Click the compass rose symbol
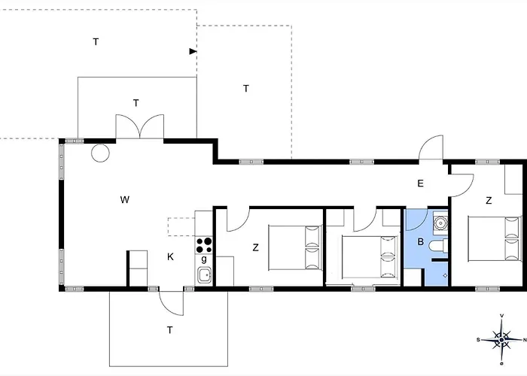[501, 340]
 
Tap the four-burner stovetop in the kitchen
[204, 245]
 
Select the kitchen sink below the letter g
[204, 275]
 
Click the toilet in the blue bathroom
[439, 245]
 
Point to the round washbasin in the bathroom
[440, 223]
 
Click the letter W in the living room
[125, 200]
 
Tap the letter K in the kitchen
[170, 257]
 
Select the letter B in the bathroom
[420, 241]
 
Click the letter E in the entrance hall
[420, 183]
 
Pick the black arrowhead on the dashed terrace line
[193, 51]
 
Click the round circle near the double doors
[100, 153]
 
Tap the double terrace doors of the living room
[140, 126]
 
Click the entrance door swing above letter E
[431, 147]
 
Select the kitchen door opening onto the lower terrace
[172, 303]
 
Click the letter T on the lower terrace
[169, 330]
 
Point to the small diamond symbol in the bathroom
[446, 276]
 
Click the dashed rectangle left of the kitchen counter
[181, 226]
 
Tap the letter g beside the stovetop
[204, 259]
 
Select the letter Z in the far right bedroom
[489, 201]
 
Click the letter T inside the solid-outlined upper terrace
[136, 103]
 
